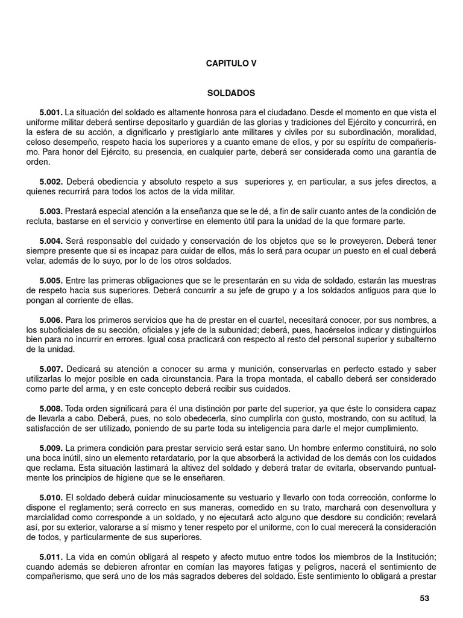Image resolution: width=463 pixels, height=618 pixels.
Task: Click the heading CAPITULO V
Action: point(231,63)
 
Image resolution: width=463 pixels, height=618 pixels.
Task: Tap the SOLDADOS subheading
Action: point(231,94)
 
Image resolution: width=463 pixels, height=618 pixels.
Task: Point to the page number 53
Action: point(424,599)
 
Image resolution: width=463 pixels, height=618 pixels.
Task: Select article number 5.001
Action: point(51,113)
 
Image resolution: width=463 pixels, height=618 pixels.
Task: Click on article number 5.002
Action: point(51,182)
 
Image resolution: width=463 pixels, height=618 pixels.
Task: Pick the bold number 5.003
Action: point(51,211)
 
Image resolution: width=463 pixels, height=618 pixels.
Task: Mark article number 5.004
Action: point(51,240)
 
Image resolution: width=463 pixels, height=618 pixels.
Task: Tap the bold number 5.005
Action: point(51,281)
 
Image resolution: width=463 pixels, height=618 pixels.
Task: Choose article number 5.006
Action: point(51,320)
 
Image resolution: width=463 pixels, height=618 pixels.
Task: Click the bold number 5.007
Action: point(51,369)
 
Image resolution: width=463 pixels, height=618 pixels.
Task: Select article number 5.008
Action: point(51,409)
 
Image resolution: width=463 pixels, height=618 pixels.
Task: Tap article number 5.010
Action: point(51,498)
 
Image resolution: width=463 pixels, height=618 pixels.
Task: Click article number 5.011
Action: point(51,556)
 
